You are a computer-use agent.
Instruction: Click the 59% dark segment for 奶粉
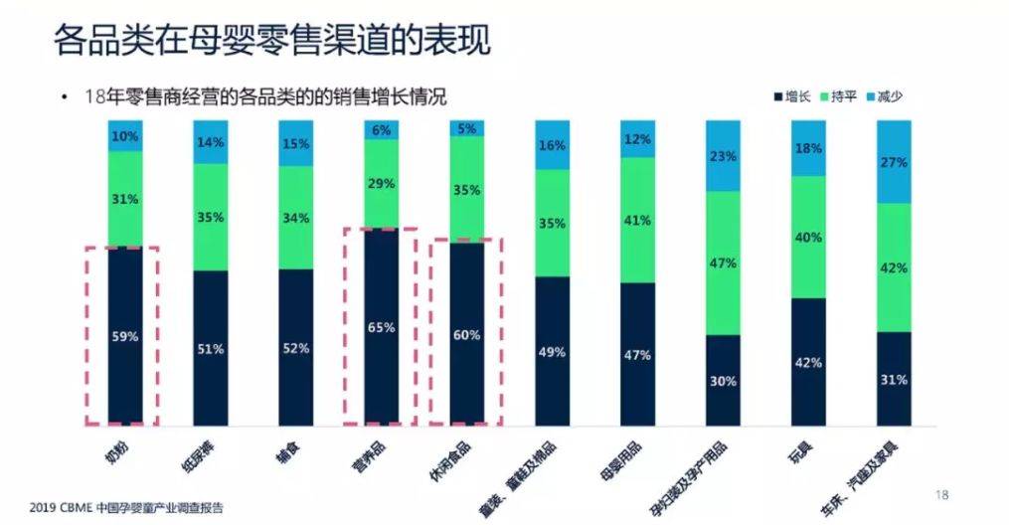(125, 336)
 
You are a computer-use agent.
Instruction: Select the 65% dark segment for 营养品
(381, 326)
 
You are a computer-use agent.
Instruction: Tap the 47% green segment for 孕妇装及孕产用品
(723, 262)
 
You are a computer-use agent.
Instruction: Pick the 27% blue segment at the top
(895, 162)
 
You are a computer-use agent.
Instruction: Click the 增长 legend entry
(790, 97)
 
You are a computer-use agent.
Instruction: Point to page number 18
(943, 494)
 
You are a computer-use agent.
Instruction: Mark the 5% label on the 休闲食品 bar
(466, 128)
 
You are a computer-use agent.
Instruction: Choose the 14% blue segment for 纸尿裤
(211, 142)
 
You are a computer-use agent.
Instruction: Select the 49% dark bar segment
(552, 350)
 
